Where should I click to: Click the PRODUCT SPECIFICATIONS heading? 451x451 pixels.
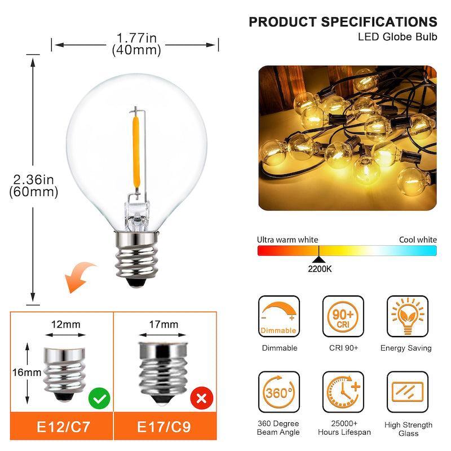point(343,22)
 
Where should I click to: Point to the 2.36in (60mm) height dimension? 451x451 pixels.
point(34,185)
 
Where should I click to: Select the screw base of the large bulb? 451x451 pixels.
point(135,257)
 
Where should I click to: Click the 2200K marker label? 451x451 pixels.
point(320,269)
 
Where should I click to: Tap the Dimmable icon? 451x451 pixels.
point(279,316)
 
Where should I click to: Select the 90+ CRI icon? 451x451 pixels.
point(343,316)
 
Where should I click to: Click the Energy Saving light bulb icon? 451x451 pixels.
point(406,316)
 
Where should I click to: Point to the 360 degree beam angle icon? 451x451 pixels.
point(279,391)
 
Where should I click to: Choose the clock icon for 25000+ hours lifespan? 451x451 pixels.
point(343,391)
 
